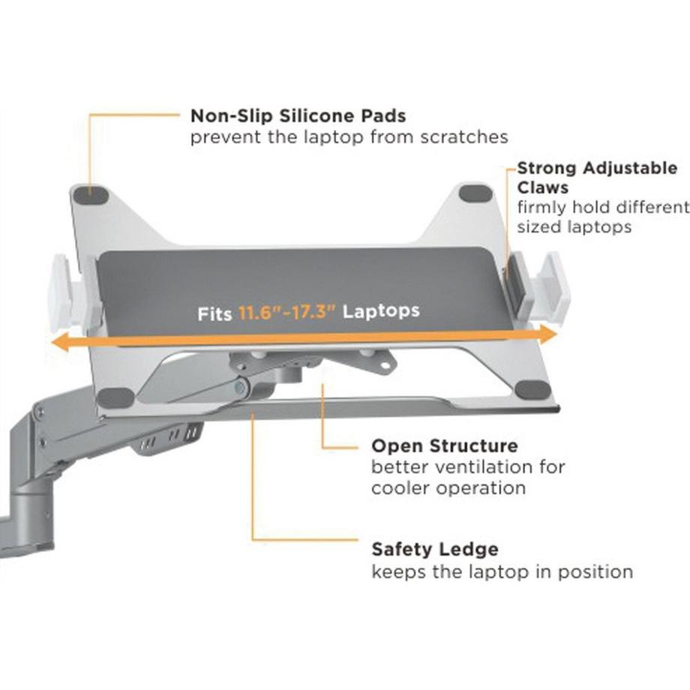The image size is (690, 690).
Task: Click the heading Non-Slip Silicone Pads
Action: click(x=298, y=116)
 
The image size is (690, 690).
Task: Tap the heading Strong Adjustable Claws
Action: click(x=596, y=177)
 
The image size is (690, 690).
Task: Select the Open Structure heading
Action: click(x=445, y=446)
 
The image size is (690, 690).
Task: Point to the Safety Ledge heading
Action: click(x=435, y=550)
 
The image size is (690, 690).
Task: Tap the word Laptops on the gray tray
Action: click(x=381, y=310)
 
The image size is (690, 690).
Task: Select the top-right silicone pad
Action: click(x=475, y=193)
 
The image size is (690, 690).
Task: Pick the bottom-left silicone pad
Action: click(x=117, y=395)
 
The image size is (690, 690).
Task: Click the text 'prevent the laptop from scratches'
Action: click(x=349, y=137)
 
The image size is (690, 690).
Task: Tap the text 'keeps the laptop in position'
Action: click(x=502, y=572)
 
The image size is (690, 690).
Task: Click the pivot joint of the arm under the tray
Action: click(x=241, y=388)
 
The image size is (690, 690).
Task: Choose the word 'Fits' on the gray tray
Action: click(x=215, y=313)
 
